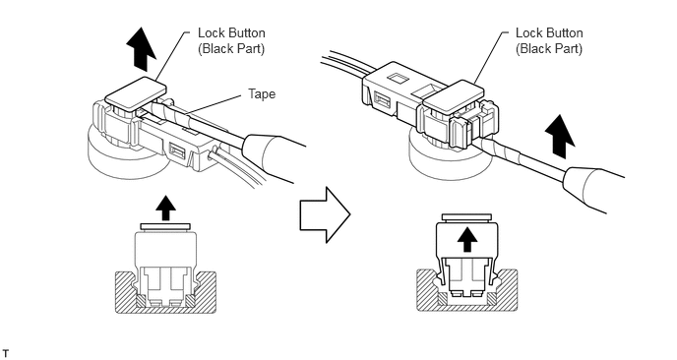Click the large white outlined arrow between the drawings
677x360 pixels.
[x=325, y=214]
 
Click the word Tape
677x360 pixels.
[x=262, y=93]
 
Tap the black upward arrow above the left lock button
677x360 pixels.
[x=142, y=49]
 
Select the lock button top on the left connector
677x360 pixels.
[x=135, y=92]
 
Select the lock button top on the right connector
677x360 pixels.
[x=454, y=95]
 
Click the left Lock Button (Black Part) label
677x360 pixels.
[x=231, y=40]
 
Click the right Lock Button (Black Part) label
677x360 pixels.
[x=549, y=40]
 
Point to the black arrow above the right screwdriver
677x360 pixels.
[x=560, y=136]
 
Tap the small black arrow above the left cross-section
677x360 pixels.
[x=165, y=208]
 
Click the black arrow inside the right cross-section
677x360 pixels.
[x=466, y=239]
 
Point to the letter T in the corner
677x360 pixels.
[x=6, y=353]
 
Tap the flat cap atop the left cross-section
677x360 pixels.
[x=165, y=226]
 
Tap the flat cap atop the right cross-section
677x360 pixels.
[x=466, y=217]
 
